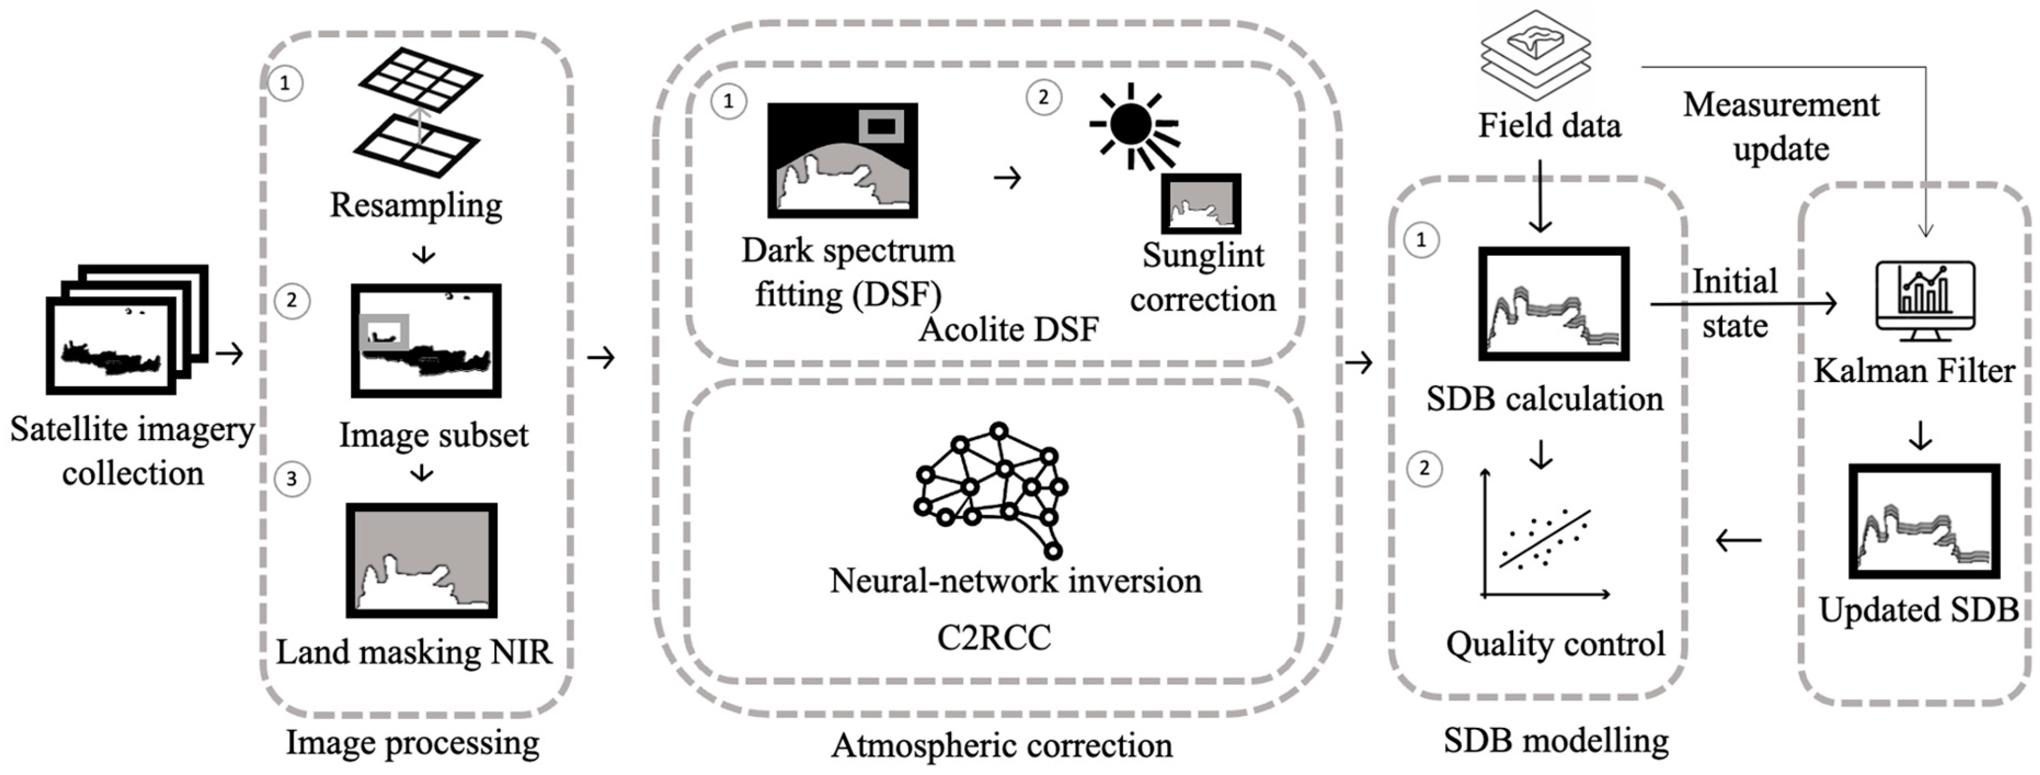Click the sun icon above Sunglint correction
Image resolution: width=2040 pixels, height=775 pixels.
click(1132, 125)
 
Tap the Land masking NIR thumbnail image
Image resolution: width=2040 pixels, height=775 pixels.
click(421, 560)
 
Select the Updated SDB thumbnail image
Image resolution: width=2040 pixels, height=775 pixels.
click(1923, 521)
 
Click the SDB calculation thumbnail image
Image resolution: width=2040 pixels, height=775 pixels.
click(1553, 304)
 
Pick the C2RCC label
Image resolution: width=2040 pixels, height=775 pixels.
click(993, 637)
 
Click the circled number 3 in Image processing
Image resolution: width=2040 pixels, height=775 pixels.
click(291, 478)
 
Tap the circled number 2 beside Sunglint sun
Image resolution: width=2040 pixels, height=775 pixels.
click(1043, 98)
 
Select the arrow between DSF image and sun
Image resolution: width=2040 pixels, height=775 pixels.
click(1007, 178)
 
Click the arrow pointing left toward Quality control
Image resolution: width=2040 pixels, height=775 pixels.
click(1738, 540)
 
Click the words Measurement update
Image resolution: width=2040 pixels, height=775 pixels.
click(1780, 127)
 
